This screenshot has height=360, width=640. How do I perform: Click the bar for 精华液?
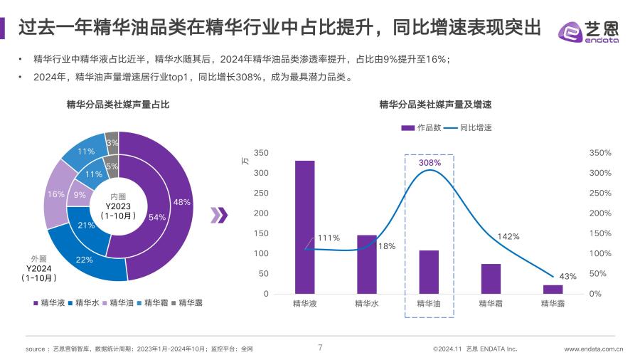pyautogui.click(x=304, y=227)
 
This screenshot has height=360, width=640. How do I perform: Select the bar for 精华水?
pyautogui.click(x=366, y=264)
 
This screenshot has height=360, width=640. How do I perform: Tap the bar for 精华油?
pyautogui.click(x=428, y=272)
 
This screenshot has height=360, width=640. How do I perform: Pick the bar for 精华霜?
pyautogui.click(x=491, y=279)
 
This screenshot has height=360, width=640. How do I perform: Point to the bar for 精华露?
pyautogui.click(x=553, y=289)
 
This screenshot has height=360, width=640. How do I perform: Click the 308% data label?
pyautogui.click(x=430, y=163)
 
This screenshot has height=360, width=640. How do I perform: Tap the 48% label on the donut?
pyautogui.click(x=181, y=202)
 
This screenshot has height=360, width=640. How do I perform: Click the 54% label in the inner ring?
pyautogui.click(x=157, y=217)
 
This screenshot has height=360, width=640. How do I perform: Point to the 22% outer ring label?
pyautogui.click(x=85, y=260)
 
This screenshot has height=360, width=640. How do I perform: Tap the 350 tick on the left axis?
pyautogui.click(x=261, y=153)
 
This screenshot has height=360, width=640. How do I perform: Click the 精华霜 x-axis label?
pyautogui.click(x=491, y=304)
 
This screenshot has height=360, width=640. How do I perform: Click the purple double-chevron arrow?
pyautogui.click(x=221, y=216)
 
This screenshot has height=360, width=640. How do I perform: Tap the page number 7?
pyautogui.click(x=320, y=348)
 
